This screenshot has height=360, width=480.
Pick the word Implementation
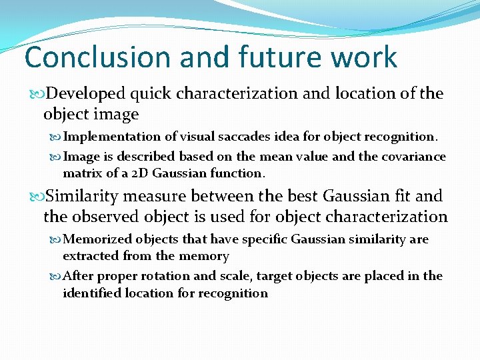click(111, 137)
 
